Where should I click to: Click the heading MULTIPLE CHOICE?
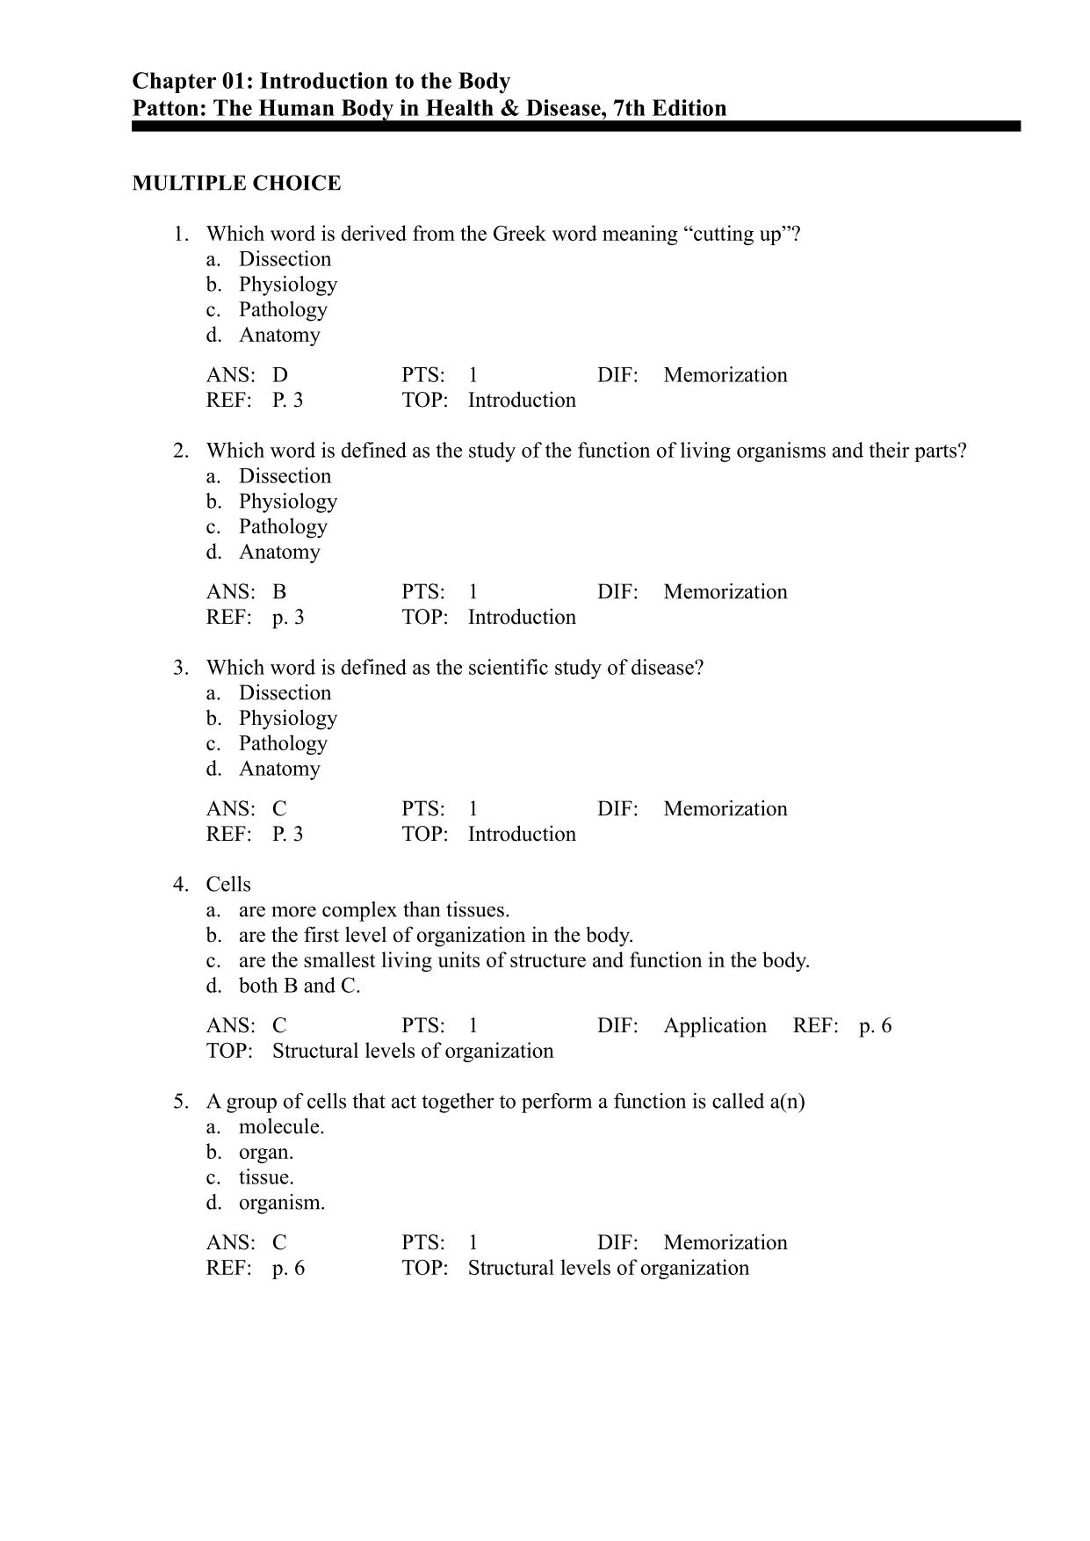click(236, 184)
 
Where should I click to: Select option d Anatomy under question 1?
click(279, 335)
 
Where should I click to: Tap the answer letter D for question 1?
click(280, 375)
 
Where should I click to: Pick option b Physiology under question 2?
click(287, 502)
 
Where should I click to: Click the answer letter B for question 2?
click(279, 592)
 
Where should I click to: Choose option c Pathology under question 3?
click(283, 743)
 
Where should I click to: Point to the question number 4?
click(180, 885)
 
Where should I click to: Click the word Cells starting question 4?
click(228, 885)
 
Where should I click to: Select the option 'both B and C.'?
click(299, 986)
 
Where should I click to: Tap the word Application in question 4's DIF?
click(715, 1026)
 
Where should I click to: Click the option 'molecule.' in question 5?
click(281, 1127)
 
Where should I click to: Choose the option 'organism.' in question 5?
click(281, 1203)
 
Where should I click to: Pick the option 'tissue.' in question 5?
click(266, 1177)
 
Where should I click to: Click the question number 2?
click(180, 451)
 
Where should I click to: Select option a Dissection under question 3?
click(285, 693)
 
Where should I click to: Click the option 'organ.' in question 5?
click(266, 1152)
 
